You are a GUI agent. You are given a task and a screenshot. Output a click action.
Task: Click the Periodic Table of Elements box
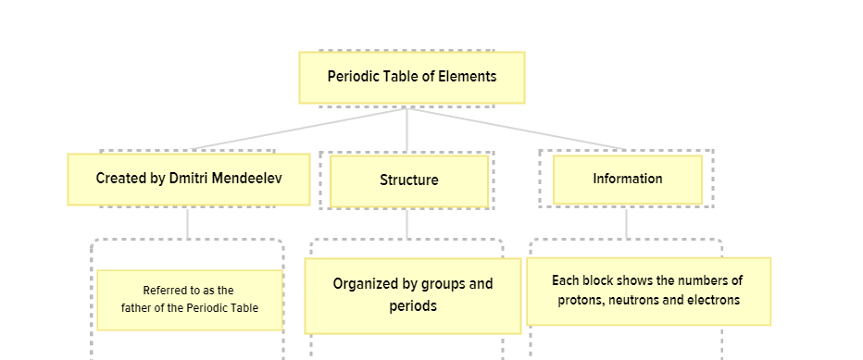coord(411,77)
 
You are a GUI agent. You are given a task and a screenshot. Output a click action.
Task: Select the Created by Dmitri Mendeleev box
coord(189,179)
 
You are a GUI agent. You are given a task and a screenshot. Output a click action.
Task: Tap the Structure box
coord(408,180)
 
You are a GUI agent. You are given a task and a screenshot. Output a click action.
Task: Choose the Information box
coord(627,179)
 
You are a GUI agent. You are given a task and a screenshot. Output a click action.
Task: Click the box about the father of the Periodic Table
coord(189,299)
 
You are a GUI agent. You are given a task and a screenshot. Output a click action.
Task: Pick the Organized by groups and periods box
coord(412,295)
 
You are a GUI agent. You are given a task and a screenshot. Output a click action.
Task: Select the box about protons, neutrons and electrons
coord(648,291)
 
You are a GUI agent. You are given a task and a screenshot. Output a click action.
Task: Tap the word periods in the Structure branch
coord(412,306)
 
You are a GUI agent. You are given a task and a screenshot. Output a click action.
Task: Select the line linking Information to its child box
coord(627,222)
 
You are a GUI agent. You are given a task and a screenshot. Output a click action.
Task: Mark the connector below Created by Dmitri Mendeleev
coord(188,222)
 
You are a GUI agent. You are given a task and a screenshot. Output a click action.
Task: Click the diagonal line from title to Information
coord(519,130)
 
